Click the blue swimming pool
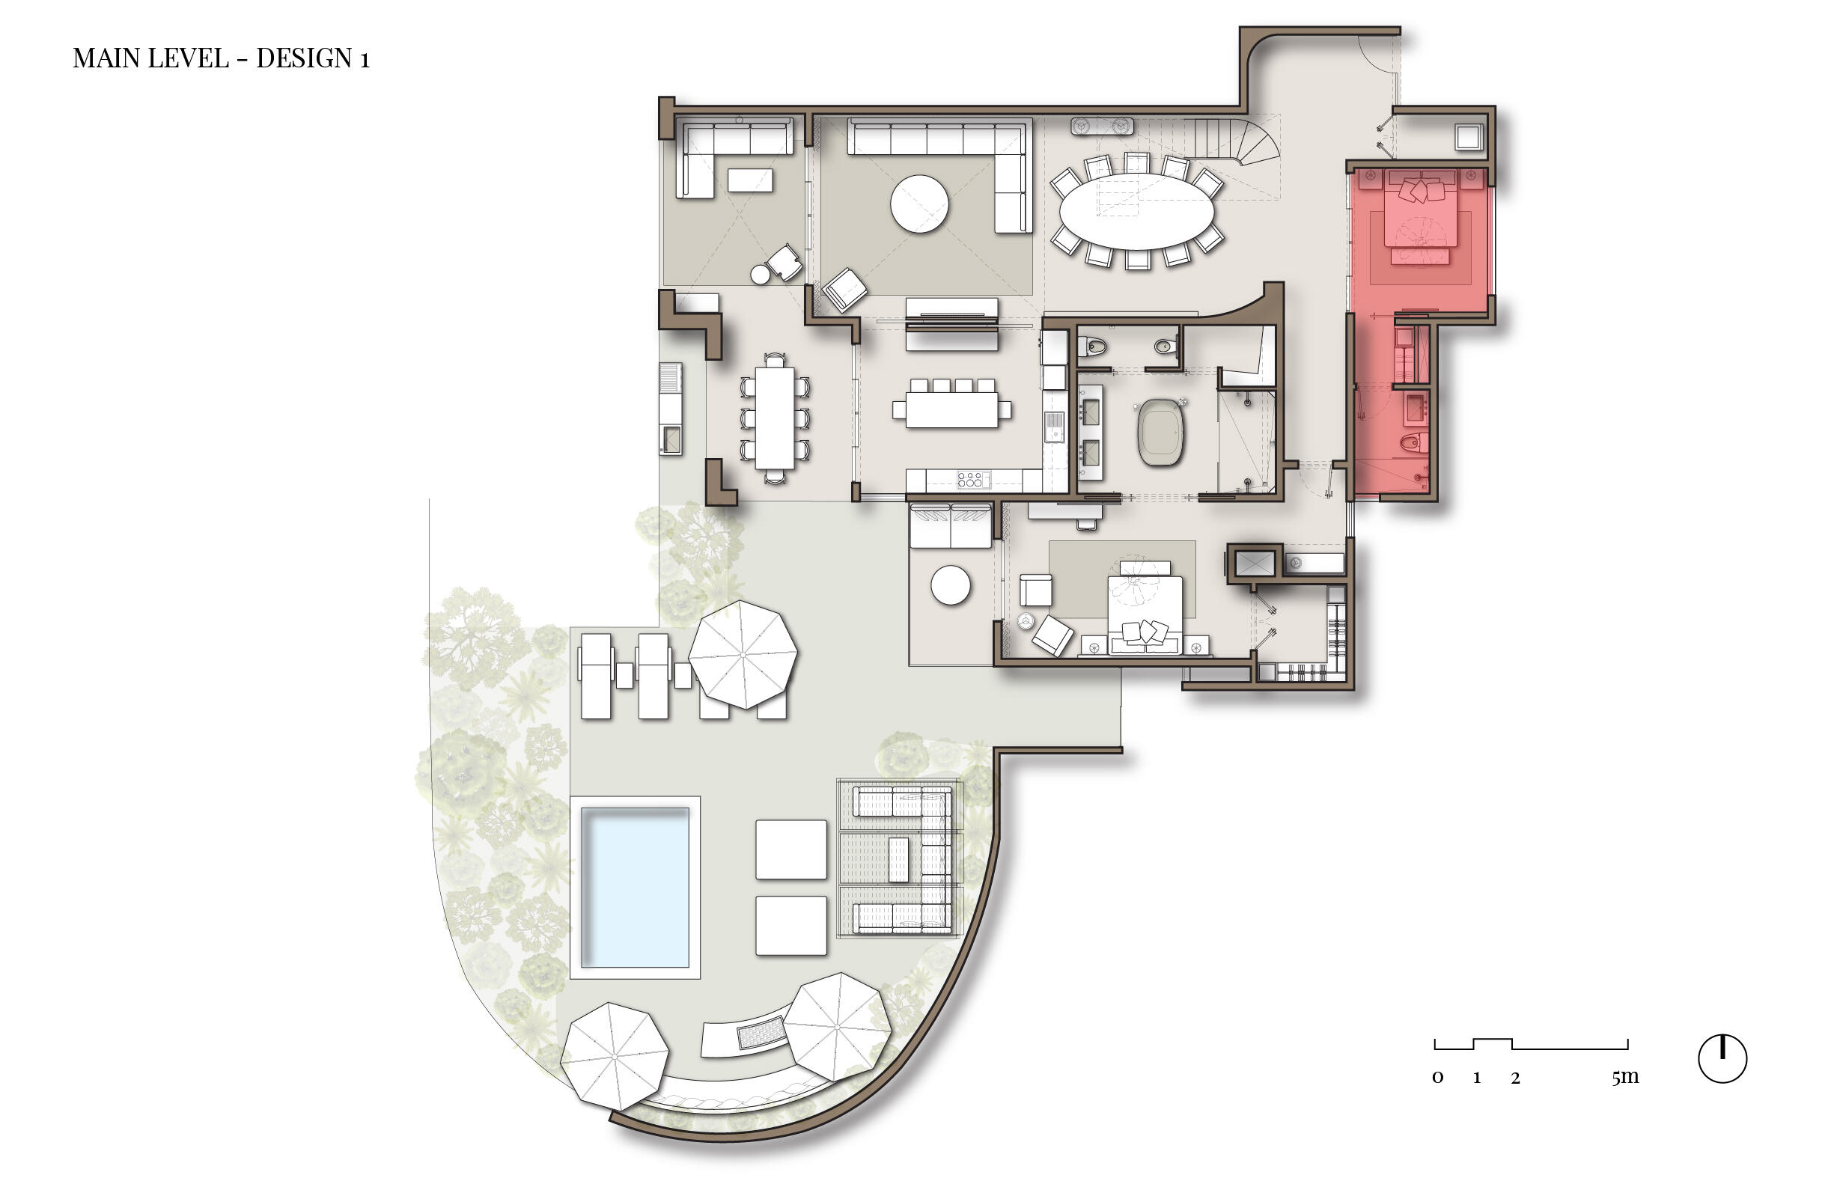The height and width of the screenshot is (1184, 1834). click(x=634, y=886)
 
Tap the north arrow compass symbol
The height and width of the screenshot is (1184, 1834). click(x=1722, y=1059)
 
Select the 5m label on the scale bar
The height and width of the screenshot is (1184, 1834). click(x=1625, y=1077)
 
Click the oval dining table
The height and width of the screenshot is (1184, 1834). click(x=1136, y=210)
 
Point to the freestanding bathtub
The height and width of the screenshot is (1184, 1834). click(x=1160, y=432)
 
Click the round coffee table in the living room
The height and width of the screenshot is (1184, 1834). click(x=919, y=204)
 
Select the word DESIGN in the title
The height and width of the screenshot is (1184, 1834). click(x=304, y=58)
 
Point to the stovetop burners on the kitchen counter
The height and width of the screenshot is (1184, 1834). click(x=969, y=480)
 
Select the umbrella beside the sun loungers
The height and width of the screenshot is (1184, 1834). click(x=742, y=654)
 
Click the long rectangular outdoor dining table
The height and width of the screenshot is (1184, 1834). click(x=774, y=418)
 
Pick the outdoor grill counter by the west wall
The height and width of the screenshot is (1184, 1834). click(x=671, y=407)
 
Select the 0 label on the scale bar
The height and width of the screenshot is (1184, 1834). click(x=1437, y=1078)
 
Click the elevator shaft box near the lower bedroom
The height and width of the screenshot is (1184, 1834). click(x=1253, y=564)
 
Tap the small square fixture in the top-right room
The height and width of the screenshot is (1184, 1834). click(x=1467, y=138)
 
